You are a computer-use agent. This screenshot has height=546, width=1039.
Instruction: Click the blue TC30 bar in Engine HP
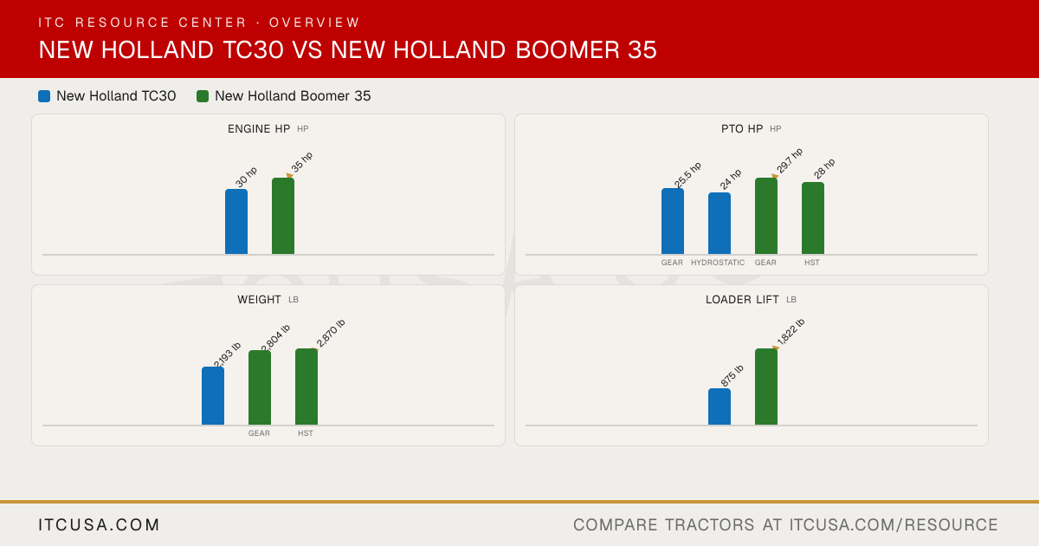[236, 222]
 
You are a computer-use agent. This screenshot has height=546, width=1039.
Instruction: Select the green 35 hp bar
[283, 216]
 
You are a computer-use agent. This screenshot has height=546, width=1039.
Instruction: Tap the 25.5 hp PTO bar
[673, 221]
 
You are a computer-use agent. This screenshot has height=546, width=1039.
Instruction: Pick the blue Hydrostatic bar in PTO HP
[720, 224]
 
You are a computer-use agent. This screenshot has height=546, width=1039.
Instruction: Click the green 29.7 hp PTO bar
[766, 216]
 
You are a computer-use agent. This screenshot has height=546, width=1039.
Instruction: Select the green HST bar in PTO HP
[813, 218]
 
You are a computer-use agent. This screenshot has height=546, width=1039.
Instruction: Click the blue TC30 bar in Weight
[213, 395]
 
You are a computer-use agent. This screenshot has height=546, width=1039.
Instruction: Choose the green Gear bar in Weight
[260, 387]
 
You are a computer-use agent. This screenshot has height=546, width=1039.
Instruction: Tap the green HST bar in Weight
[307, 387]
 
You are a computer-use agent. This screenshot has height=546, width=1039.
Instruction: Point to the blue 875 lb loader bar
[720, 406]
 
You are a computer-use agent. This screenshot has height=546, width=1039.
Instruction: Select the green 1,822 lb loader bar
[766, 387]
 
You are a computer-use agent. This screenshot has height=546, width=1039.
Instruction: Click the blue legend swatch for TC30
[44, 96]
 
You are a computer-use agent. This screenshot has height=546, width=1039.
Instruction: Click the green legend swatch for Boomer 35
[203, 96]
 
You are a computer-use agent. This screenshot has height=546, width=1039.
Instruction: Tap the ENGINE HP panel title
[259, 128]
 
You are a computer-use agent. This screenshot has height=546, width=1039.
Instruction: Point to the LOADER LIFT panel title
[742, 300]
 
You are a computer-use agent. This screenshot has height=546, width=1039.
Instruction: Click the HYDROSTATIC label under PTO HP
[718, 263]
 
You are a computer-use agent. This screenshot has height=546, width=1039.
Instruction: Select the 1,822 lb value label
[791, 332]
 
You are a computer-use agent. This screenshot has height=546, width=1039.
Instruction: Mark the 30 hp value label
[246, 178]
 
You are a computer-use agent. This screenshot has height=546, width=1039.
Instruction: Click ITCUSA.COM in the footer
[99, 524]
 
